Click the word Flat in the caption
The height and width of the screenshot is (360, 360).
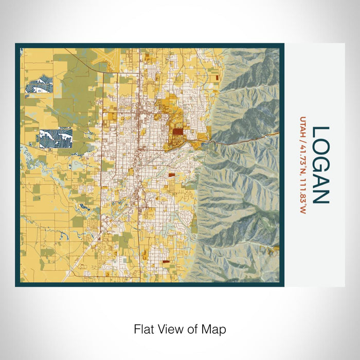(144, 329)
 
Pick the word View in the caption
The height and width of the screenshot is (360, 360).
(169, 329)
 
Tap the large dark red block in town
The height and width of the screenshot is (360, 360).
(177, 132)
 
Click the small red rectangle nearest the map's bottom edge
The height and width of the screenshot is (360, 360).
(166, 262)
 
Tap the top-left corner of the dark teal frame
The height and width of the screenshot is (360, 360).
(17, 45)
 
